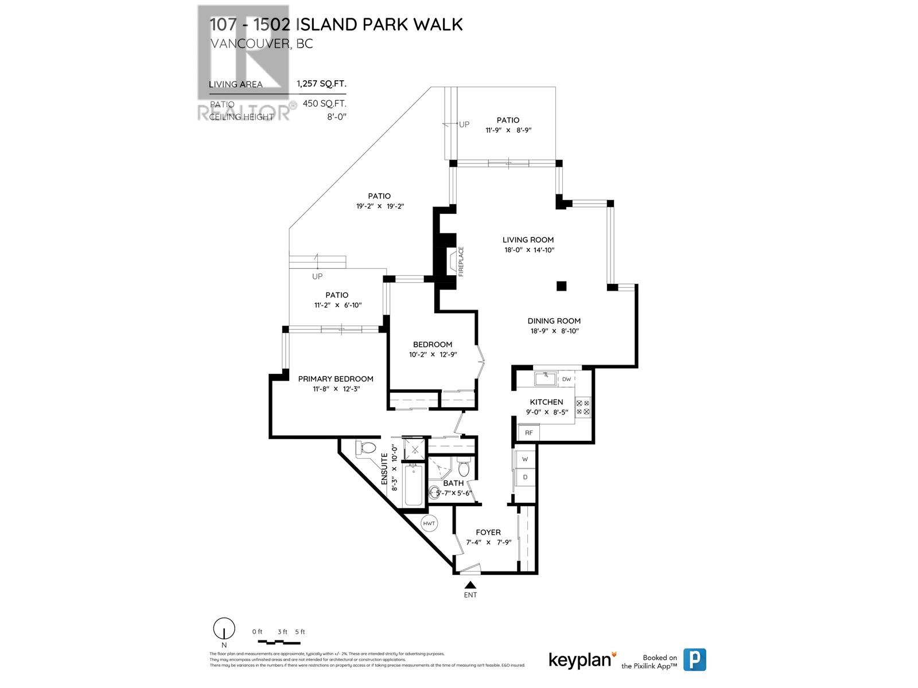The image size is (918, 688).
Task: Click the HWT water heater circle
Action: pyautogui.click(x=429, y=523)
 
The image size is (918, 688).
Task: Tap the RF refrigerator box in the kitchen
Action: pyautogui.click(x=528, y=432)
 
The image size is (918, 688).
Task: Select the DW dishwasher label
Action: pyautogui.click(x=566, y=379)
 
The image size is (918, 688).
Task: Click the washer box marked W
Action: pyautogui.click(x=524, y=459)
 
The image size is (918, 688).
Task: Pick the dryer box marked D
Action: pyautogui.click(x=524, y=477)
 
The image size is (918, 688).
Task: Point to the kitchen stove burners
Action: pyautogui.click(x=582, y=407)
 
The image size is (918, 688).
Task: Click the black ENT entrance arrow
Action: pyautogui.click(x=470, y=585)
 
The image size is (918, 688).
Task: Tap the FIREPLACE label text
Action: pyautogui.click(x=460, y=261)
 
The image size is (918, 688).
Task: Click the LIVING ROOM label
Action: pyautogui.click(x=528, y=240)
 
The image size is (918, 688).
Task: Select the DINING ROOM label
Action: pyautogui.click(x=554, y=321)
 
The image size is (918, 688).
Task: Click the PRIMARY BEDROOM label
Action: pyautogui.click(x=336, y=379)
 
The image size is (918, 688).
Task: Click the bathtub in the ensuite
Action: pyautogui.click(x=413, y=485)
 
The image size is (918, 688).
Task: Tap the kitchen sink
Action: pyautogui.click(x=542, y=378)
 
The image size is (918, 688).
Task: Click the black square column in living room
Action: pyautogui.click(x=562, y=286)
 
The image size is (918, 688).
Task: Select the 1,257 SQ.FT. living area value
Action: pyautogui.click(x=321, y=84)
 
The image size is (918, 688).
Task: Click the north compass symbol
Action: pyautogui.click(x=223, y=629)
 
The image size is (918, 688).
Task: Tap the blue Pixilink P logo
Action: pyautogui.click(x=695, y=659)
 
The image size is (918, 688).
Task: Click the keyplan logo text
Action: pyautogui.click(x=579, y=660)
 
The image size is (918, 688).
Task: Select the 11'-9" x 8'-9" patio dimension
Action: pyautogui.click(x=508, y=130)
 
